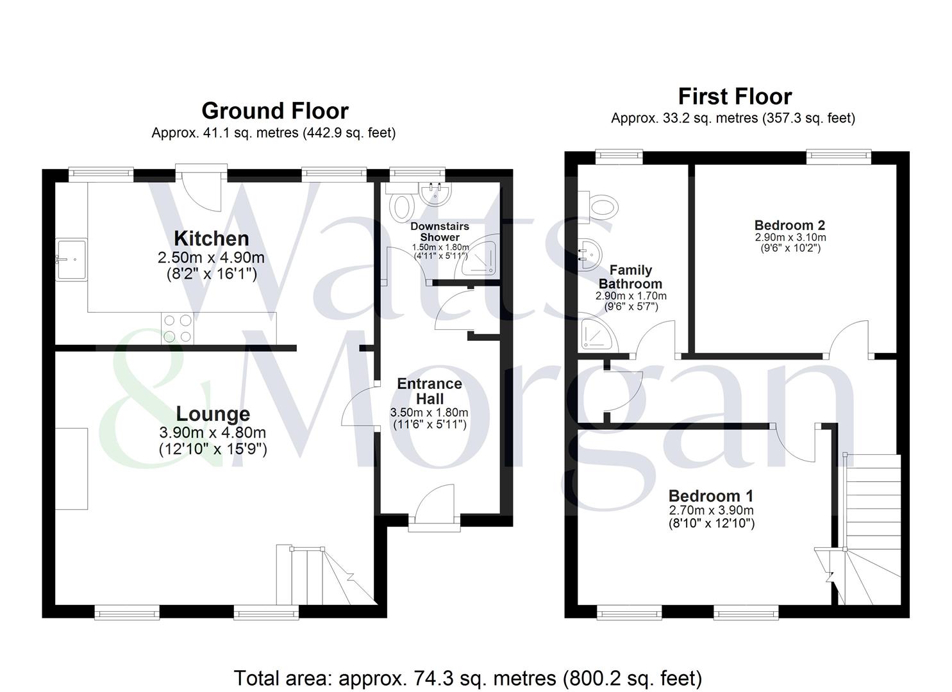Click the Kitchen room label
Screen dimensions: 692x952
pos(212,238)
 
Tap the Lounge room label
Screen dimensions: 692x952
pos(213,414)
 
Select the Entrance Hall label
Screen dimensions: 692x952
pos(430,391)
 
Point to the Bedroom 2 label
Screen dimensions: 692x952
pos(789,225)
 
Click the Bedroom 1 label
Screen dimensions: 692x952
pos(711,496)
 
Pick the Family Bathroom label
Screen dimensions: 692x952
pos(630,277)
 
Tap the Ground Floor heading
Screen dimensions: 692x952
pos(275,111)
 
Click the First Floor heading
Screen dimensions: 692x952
pos(735,97)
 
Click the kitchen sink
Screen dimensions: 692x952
pos(71,259)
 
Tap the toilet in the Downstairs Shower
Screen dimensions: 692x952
pos(403,206)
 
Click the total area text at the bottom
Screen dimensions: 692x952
pos(467,678)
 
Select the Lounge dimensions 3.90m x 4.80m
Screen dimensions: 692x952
pos(213,432)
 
